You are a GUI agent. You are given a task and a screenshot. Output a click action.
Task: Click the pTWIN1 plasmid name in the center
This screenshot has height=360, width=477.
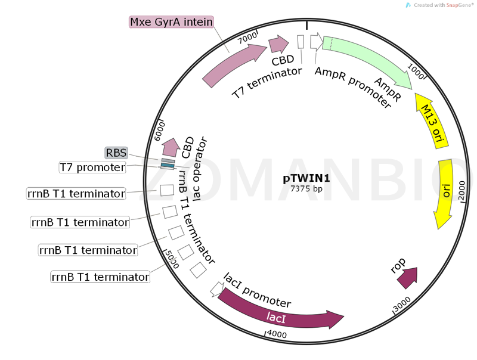pos(306,178)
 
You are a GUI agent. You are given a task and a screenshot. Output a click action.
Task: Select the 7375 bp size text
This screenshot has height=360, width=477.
pos(306,188)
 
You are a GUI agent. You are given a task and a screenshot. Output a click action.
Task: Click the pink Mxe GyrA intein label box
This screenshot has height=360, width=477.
pos(171,22)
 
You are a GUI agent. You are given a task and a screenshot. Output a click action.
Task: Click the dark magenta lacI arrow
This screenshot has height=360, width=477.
pos(280,312)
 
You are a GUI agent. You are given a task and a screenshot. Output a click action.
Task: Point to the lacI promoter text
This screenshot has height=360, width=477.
pos(257,290)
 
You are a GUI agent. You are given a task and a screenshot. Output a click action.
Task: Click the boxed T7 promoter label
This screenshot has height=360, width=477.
pos(92,167)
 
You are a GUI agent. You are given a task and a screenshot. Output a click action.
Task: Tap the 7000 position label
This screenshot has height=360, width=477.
pos(247,38)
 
